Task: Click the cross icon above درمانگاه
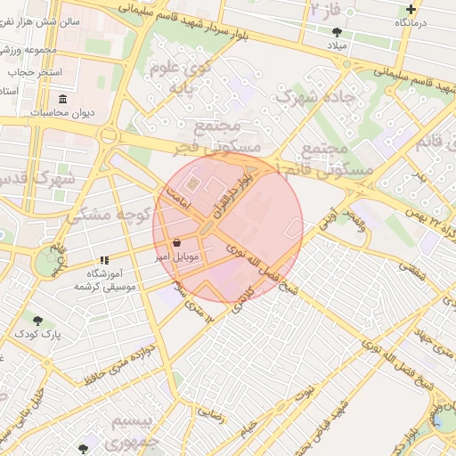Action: tap(411, 9)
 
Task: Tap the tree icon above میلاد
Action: tap(336, 32)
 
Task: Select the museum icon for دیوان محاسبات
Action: tap(63, 100)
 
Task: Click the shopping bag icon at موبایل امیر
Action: tap(176, 242)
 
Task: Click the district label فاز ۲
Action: tap(326, 10)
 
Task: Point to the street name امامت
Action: tap(177, 201)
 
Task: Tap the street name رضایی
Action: tap(211, 412)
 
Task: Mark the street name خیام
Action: tap(251, 429)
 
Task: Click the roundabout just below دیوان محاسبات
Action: tap(110, 136)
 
